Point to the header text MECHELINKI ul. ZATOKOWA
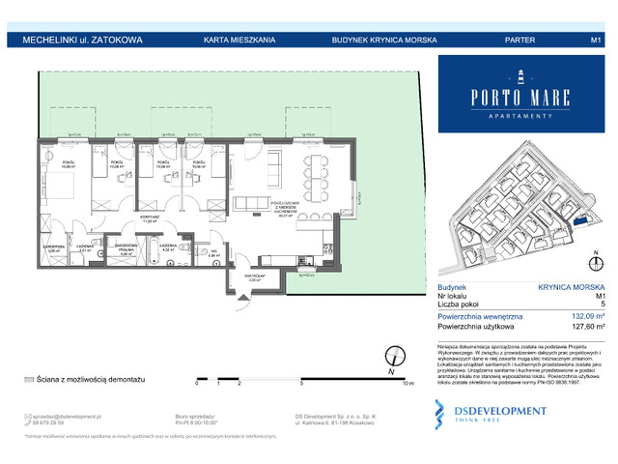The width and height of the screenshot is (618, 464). (x=77, y=40)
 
